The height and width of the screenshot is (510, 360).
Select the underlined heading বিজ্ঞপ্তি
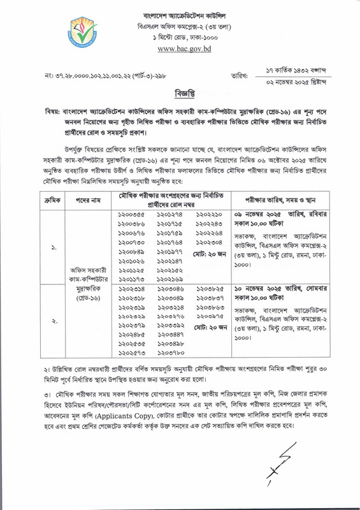180,95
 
